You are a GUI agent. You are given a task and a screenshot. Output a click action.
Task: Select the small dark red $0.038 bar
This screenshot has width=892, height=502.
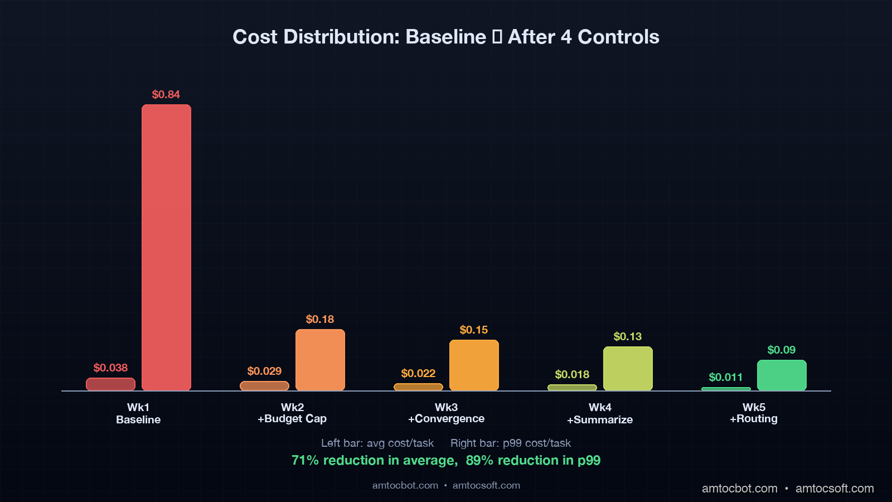110,384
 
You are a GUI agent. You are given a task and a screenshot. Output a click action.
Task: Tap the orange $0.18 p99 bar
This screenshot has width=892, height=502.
320,360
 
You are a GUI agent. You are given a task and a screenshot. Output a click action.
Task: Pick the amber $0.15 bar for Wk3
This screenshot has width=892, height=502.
474,365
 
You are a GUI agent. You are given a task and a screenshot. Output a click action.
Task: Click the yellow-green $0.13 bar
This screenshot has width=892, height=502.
628,368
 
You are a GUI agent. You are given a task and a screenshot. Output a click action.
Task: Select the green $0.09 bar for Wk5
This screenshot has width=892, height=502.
782,375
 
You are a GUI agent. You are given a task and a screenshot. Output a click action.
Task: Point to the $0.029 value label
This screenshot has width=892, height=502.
264,371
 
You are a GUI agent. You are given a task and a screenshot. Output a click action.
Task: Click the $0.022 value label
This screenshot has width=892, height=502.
418,373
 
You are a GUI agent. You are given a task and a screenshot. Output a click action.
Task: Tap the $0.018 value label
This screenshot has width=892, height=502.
572,374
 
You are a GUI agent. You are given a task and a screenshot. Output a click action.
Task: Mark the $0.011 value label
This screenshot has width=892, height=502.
725,377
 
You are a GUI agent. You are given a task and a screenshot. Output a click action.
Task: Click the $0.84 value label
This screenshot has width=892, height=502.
166,94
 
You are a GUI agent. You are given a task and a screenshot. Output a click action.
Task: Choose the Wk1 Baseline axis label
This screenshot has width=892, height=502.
138,413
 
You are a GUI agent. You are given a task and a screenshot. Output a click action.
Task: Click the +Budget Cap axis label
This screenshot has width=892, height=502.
292,419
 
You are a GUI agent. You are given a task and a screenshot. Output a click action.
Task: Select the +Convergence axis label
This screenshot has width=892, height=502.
446,419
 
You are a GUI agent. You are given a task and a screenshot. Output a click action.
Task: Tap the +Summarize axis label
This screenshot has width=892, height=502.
600,419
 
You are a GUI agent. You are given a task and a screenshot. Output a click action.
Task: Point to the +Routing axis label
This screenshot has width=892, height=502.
754,419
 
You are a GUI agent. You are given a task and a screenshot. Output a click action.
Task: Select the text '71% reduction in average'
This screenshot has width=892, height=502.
374,460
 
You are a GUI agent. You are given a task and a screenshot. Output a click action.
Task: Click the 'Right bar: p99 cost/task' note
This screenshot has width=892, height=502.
511,443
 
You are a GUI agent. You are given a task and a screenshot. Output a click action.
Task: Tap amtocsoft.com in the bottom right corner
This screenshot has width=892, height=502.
834,488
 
